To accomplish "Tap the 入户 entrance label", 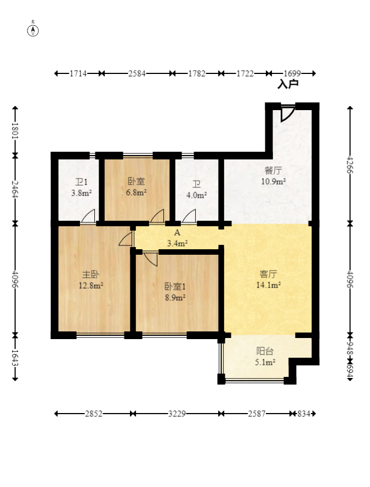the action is click(288, 84).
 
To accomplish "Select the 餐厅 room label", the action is click(273, 170).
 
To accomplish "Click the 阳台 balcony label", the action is click(265, 351).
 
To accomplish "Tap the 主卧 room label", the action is click(90, 274).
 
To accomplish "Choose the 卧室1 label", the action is click(175, 286).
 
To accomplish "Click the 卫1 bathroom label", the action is click(81, 182).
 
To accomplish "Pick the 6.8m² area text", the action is click(136, 193).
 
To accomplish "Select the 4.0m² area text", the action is click(196, 196).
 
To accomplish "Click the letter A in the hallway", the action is click(177, 232).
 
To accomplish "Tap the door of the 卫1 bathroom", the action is click(88, 216).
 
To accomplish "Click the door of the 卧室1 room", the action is click(151, 259).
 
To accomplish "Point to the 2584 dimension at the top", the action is click(137, 73).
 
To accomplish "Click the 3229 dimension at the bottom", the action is click(177, 414).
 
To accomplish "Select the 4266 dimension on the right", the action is click(350, 165).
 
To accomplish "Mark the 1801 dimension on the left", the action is click(15, 131).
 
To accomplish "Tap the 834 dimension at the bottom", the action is click(304, 414).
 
